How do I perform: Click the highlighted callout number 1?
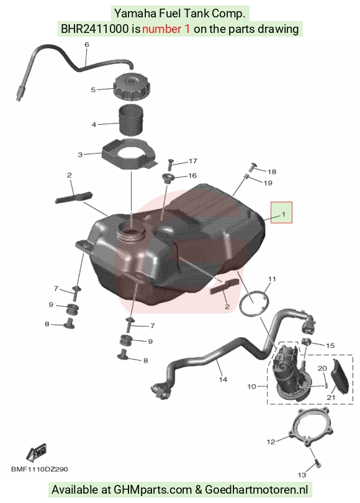click(x=283, y=214)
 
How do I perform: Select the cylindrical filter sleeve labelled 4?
click(x=132, y=120)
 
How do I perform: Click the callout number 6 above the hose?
click(x=86, y=45)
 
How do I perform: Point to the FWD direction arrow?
click(x=36, y=452)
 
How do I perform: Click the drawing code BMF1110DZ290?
click(x=40, y=469)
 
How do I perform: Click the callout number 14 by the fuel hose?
click(x=223, y=379)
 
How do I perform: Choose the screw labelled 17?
click(x=169, y=165)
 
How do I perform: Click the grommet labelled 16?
click(x=167, y=178)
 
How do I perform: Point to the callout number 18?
click(x=272, y=171)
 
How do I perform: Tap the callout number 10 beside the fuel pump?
click(x=251, y=386)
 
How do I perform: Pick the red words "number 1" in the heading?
click(x=166, y=29)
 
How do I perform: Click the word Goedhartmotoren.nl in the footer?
click(x=256, y=490)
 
